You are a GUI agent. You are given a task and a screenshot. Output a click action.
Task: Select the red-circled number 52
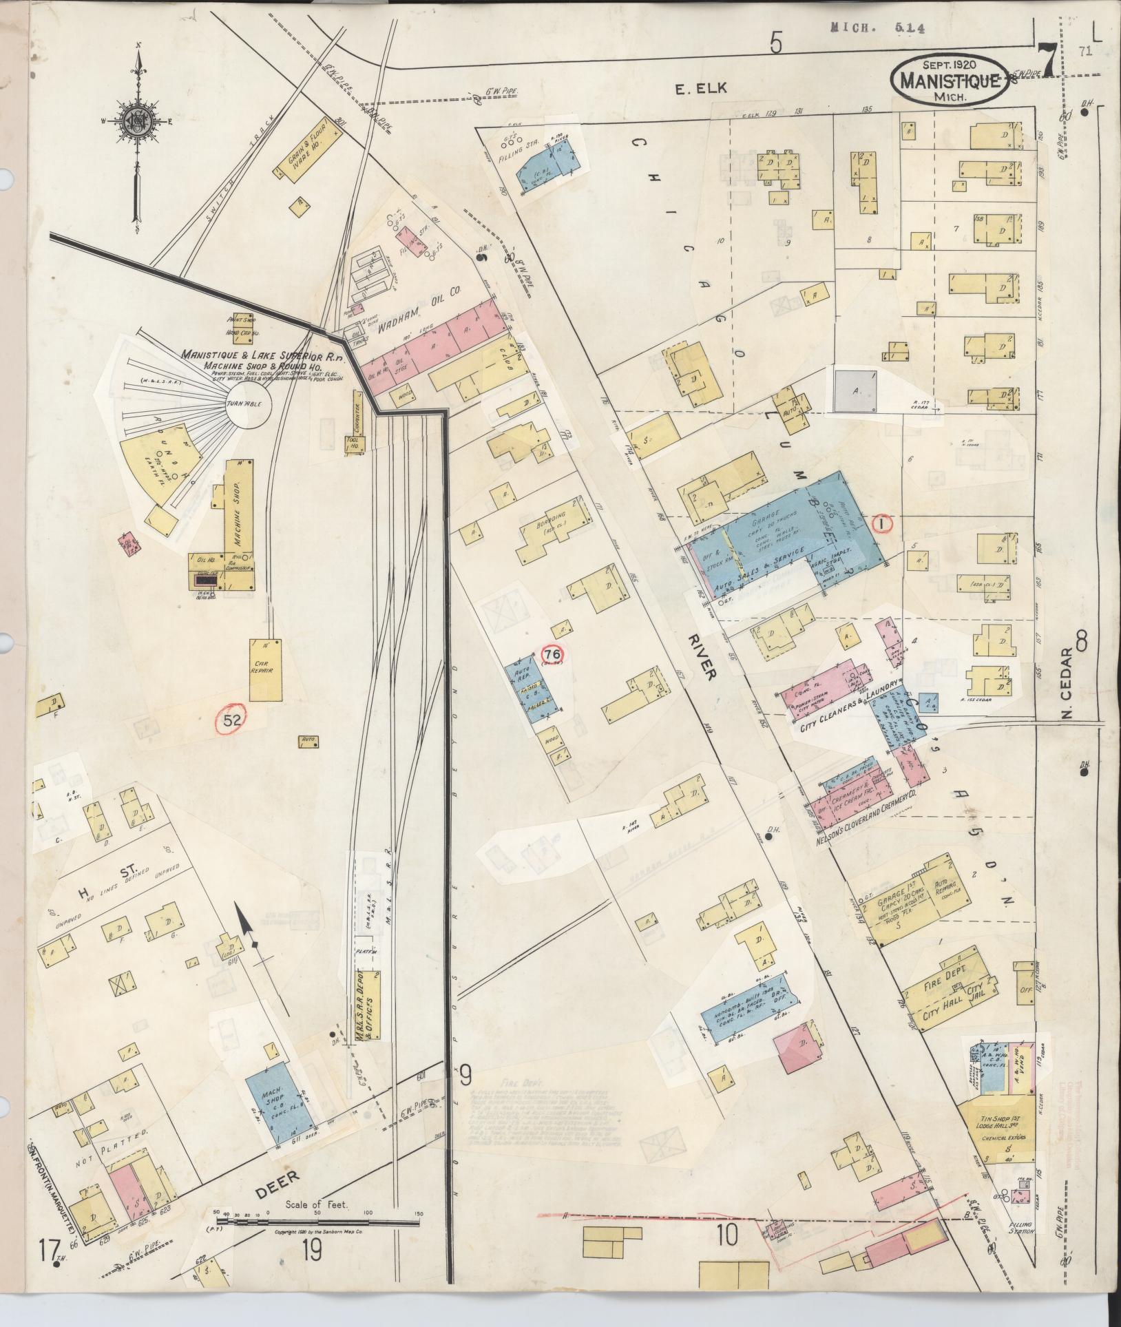[x=232, y=720]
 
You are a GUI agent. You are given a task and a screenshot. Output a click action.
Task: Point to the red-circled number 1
[x=881, y=523]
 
